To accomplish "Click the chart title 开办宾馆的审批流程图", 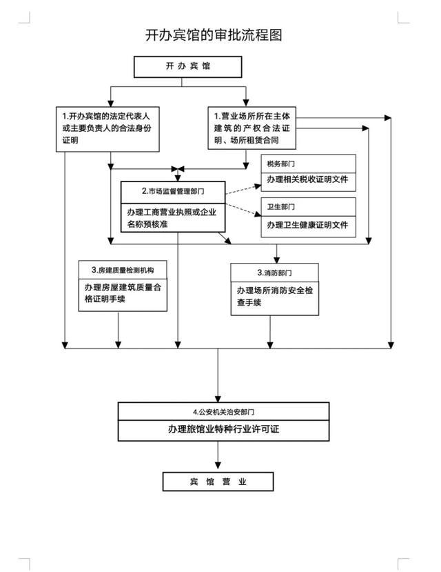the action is (x=214, y=35).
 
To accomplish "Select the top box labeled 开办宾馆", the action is (x=188, y=67).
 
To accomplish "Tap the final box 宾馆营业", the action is (x=218, y=482).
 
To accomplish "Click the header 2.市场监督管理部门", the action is (x=173, y=191).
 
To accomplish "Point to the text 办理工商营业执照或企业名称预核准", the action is (x=172, y=218).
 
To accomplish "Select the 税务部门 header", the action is (x=280, y=164).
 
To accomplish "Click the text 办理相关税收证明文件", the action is (x=307, y=179).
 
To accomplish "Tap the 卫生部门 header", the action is (x=280, y=207).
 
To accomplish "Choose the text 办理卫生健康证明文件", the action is (x=307, y=225).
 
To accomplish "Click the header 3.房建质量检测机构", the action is (x=123, y=270).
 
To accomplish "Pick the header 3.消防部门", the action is (x=274, y=273).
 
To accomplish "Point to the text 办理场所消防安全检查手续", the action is (x=274, y=296).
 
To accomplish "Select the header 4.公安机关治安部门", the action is (x=223, y=412).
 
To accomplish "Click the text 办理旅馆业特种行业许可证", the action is (x=223, y=429).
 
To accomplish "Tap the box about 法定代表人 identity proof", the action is (x=107, y=129).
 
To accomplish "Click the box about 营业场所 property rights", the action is (x=252, y=128).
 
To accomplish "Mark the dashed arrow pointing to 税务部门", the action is (x=243, y=189).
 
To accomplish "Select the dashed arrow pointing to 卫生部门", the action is (x=243, y=209).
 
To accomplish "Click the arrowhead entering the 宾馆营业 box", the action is (x=218, y=466).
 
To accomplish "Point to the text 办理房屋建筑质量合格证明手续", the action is (x=123, y=293).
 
